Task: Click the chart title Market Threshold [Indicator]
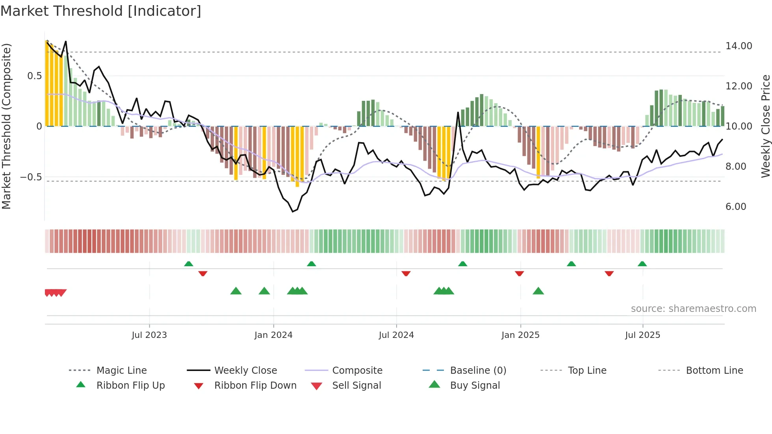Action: coord(101,11)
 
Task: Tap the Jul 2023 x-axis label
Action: coord(149,335)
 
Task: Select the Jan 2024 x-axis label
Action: coord(273,335)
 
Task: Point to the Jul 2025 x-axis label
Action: coord(642,335)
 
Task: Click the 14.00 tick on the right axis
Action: coord(739,46)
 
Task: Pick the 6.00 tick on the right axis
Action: coord(736,207)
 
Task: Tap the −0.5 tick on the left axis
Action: coord(31,177)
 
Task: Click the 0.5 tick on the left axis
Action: coord(34,76)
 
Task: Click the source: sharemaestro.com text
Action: coord(693,309)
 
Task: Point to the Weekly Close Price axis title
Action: coord(765,126)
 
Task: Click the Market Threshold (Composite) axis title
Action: coord(6,126)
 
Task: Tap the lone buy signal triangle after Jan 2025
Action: coord(538,291)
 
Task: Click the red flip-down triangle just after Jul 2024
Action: coord(406,273)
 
